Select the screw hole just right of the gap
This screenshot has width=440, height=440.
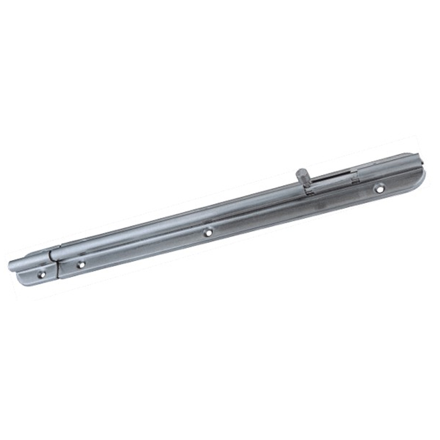coord(81,265)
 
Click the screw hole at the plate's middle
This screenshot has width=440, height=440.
coord(208,233)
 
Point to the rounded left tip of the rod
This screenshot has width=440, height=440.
coord(12,263)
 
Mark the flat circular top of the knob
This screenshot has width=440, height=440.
coord(300,172)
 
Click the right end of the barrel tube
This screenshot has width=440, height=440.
coord(419,159)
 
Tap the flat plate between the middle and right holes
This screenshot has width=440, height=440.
coord(291,212)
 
